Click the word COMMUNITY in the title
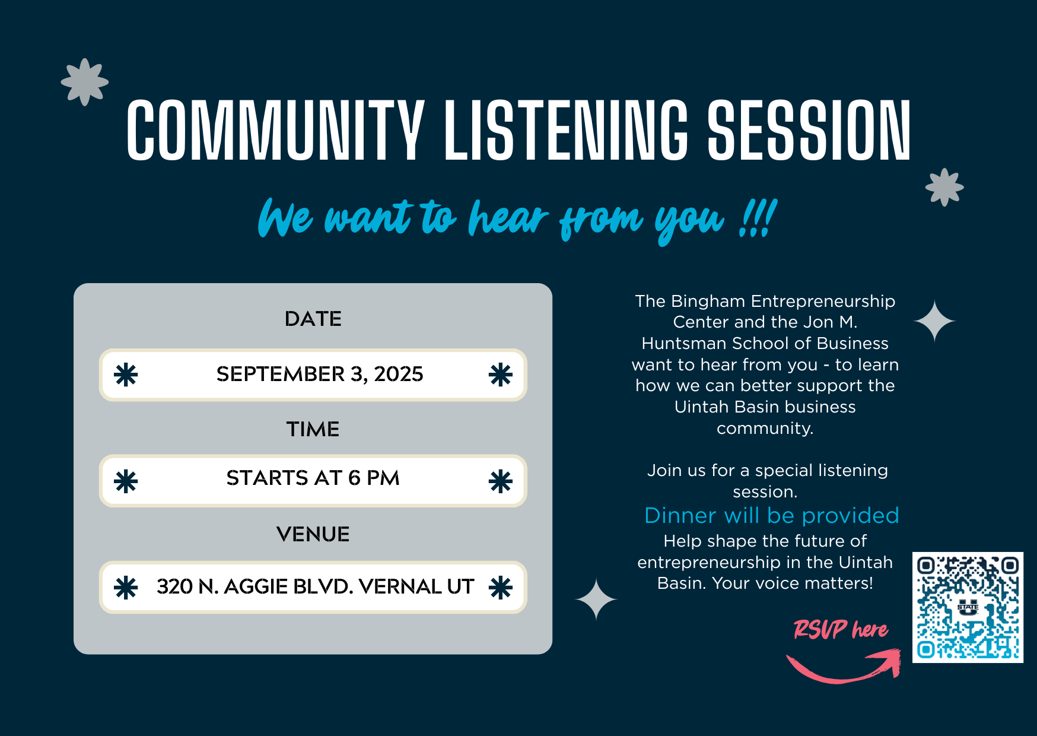(x=275, y=130)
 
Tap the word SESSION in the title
(x=809, y=130)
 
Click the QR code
(x=968, y=607)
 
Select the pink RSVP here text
(x=841, y=629)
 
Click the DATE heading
(x=313, y=319)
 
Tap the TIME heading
(x=313, y=429)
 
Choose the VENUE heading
(x=313, y=534)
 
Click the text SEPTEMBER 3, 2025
(x=320, y=374)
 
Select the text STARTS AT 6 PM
(x=313, y=478)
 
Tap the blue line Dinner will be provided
(x=772, y=515)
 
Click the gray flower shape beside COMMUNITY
(x=85, y=82)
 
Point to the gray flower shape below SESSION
(x=944, y=188)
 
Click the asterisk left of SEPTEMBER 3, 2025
(x=126, y=375)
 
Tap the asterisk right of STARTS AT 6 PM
(x=501, y=481)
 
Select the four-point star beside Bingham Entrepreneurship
(x=934, y=321)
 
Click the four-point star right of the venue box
(x=596, y=599)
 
